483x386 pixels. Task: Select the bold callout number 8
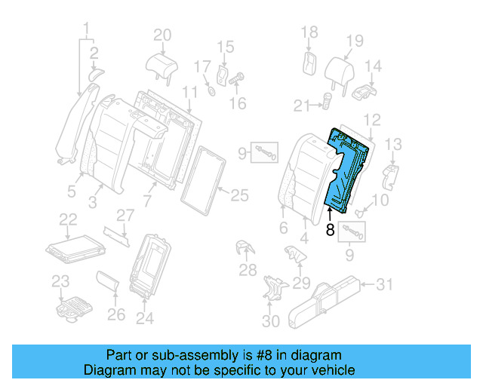tap(330, 231)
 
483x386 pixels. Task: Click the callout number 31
tap(385, 284)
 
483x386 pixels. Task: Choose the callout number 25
tap(238, 196)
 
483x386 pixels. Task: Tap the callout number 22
tap(68, 219)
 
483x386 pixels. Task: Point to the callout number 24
tap(144, 318)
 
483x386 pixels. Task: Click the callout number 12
tap(372, 120)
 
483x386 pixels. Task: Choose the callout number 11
tap(190, 92)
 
